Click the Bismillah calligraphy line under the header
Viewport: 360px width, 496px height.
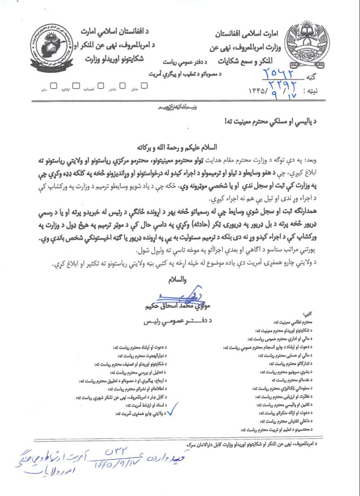(179, 107)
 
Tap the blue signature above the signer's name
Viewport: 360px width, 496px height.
(167, 294)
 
